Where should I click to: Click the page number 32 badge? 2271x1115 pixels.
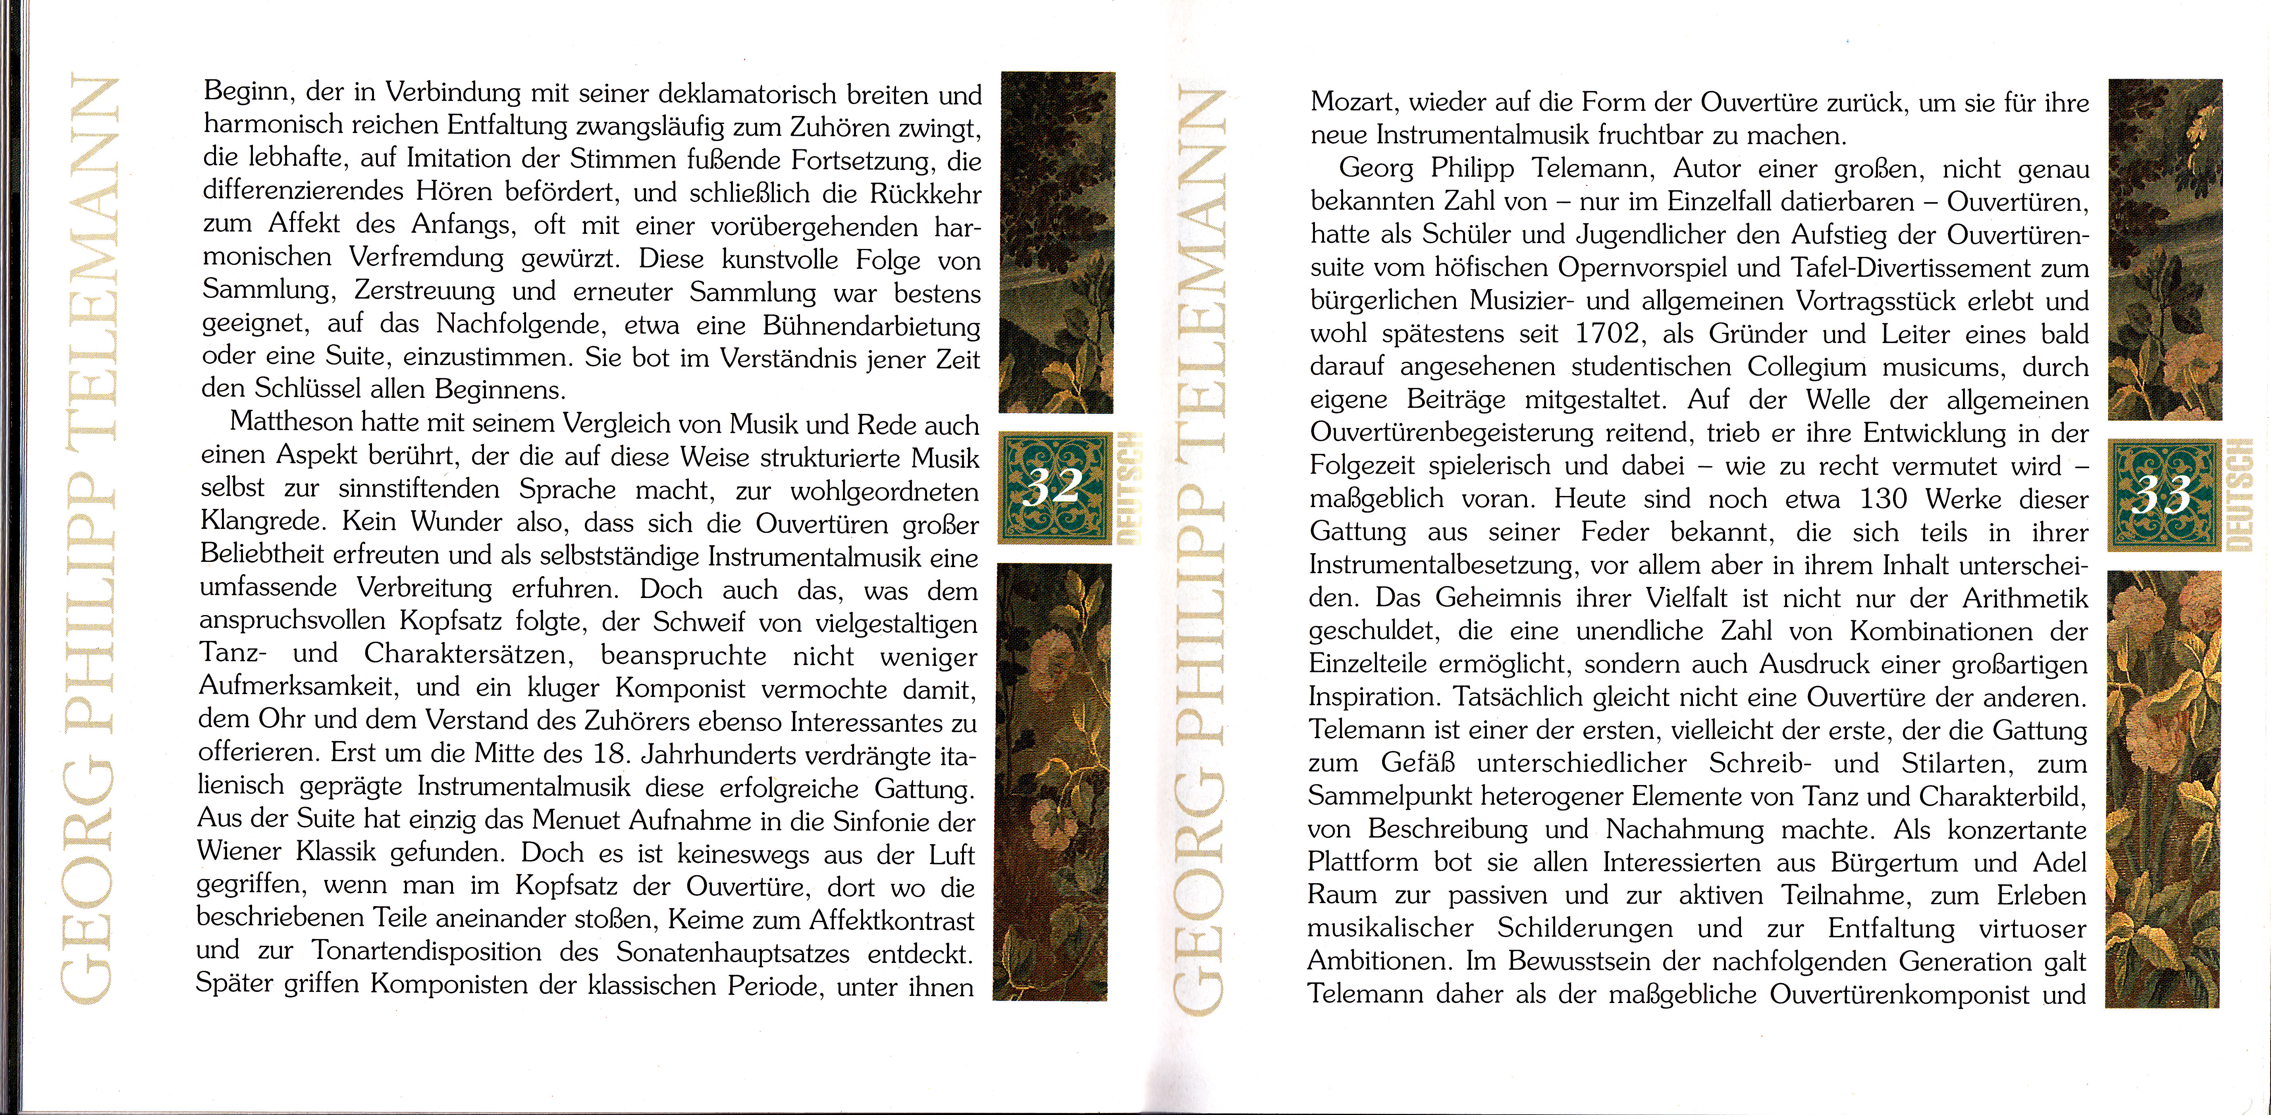click(x=1055, y=488)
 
